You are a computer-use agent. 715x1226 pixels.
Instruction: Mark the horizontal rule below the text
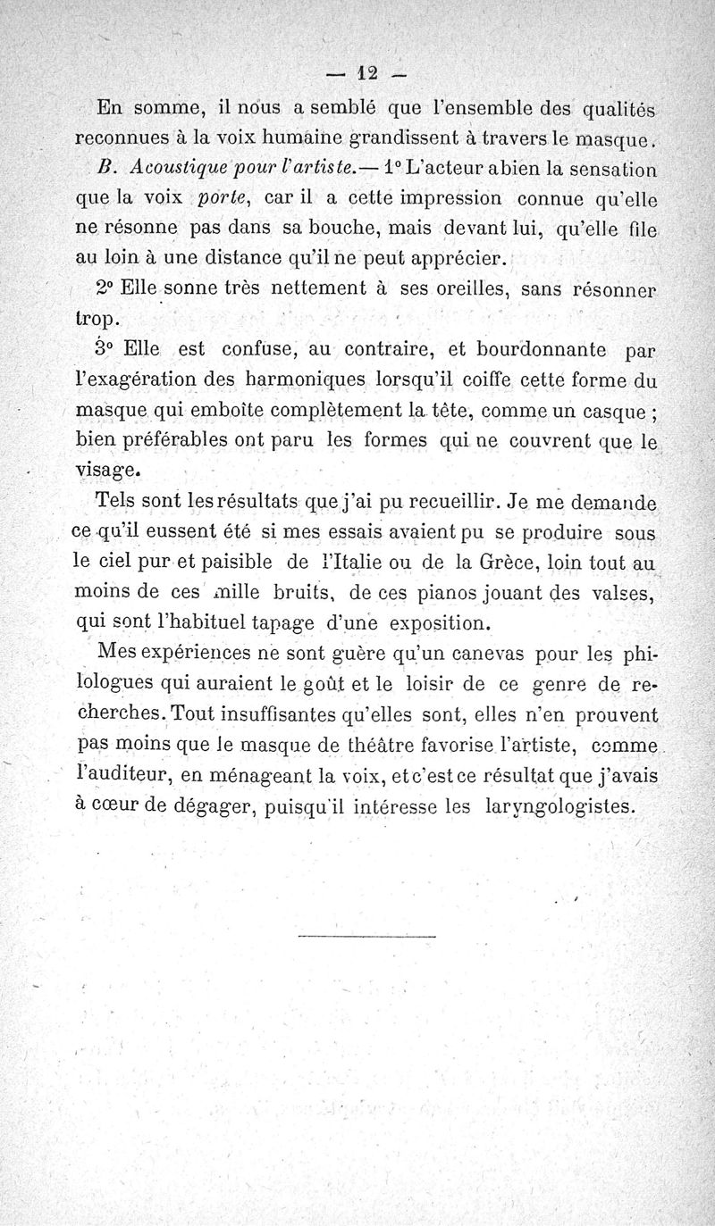coord(366,936)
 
